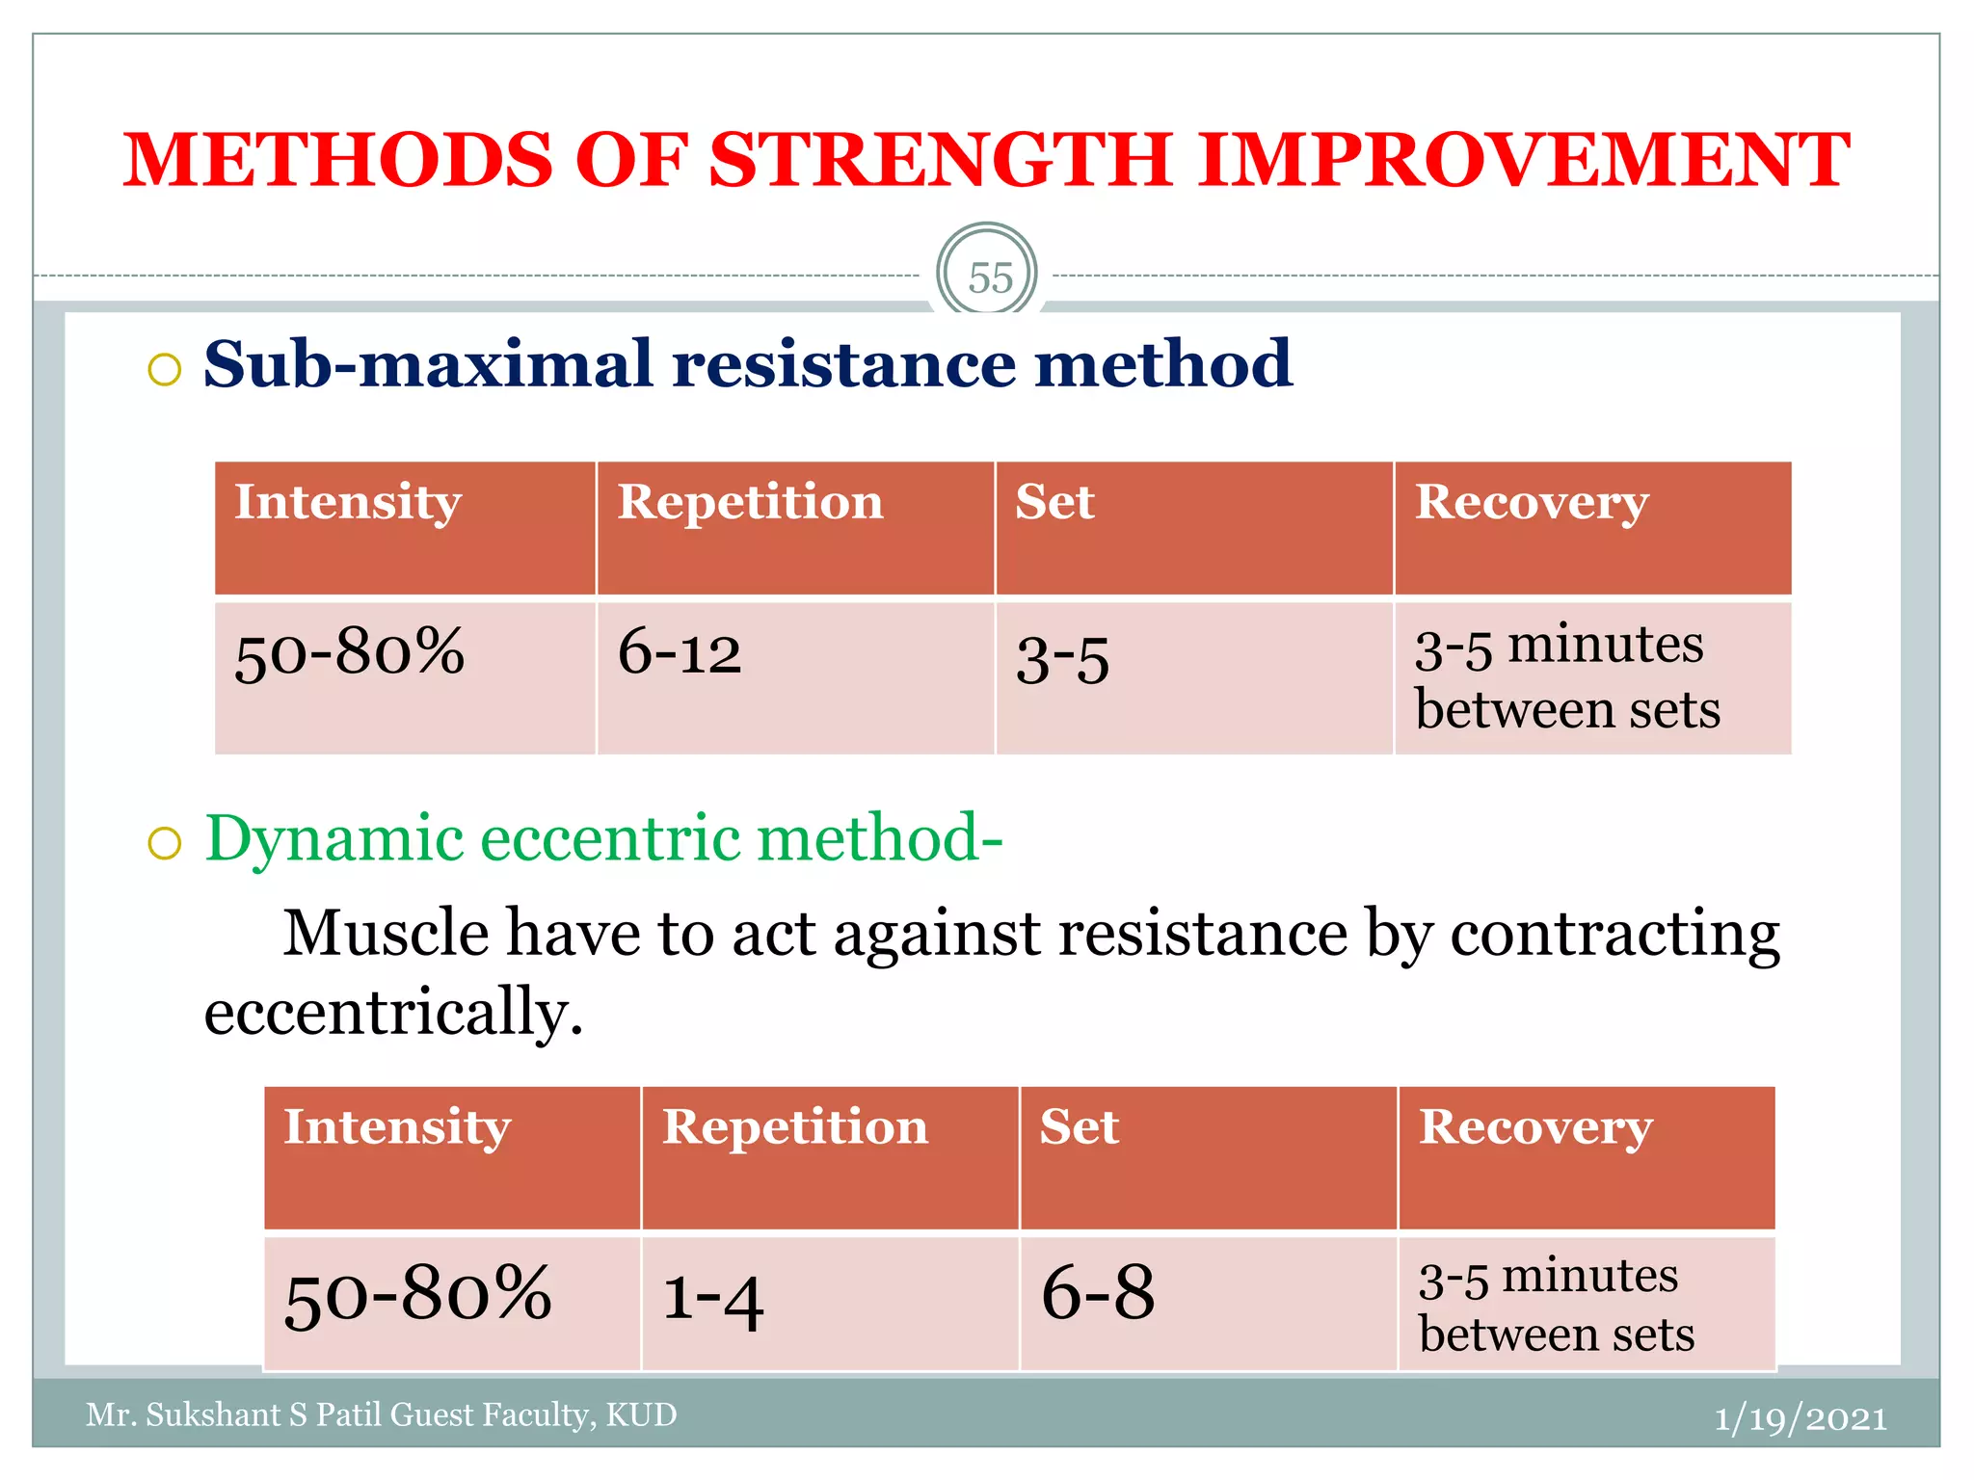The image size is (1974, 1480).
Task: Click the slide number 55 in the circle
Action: pos(989,278)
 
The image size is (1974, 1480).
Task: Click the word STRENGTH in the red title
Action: pos(940,160)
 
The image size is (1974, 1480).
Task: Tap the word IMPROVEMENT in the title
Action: pos(1523,160)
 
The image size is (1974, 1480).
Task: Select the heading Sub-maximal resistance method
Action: pos(747,365)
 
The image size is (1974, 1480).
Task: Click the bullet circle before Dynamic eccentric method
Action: pos(165,844)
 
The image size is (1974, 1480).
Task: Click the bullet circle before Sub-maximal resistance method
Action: pos(165,370)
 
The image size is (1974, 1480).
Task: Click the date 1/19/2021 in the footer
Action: pos(1800,1418)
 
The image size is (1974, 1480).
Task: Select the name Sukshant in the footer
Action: pos(211,1414)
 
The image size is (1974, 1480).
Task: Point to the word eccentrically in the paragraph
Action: pos(393,1013)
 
